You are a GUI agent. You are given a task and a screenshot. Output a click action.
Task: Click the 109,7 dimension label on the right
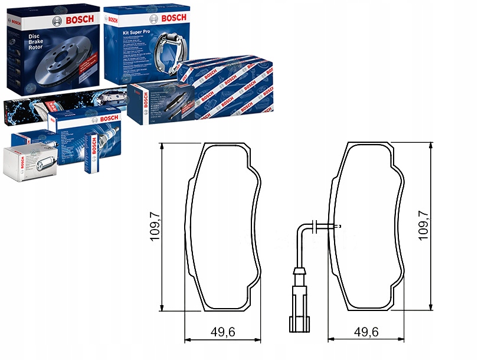pos(423,227)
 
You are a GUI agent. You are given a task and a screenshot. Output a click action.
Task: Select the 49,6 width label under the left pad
pos(222,332)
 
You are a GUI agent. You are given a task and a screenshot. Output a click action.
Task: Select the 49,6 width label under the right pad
pos(366,332)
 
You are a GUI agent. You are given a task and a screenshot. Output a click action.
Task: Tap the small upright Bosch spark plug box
pos(91,153)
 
